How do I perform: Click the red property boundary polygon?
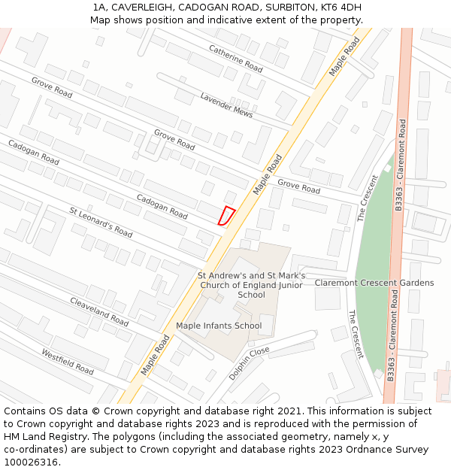tap(225, 216)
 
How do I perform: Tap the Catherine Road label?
tap(235, 58)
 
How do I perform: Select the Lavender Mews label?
tap(226, 105)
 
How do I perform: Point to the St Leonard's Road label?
tap(101, 222)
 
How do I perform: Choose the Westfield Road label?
tap(68, 362)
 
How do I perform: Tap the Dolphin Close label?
tap(249, 362)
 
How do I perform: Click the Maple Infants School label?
tap(219, 326)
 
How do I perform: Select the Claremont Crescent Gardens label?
tap(374, 283)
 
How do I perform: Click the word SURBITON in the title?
tap(283, 7)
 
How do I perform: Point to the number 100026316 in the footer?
tap(32, 462)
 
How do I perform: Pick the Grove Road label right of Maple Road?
tap(298, 186)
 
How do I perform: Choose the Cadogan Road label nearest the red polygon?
tap(162, 206)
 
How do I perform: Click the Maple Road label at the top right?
tap(344, 56)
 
